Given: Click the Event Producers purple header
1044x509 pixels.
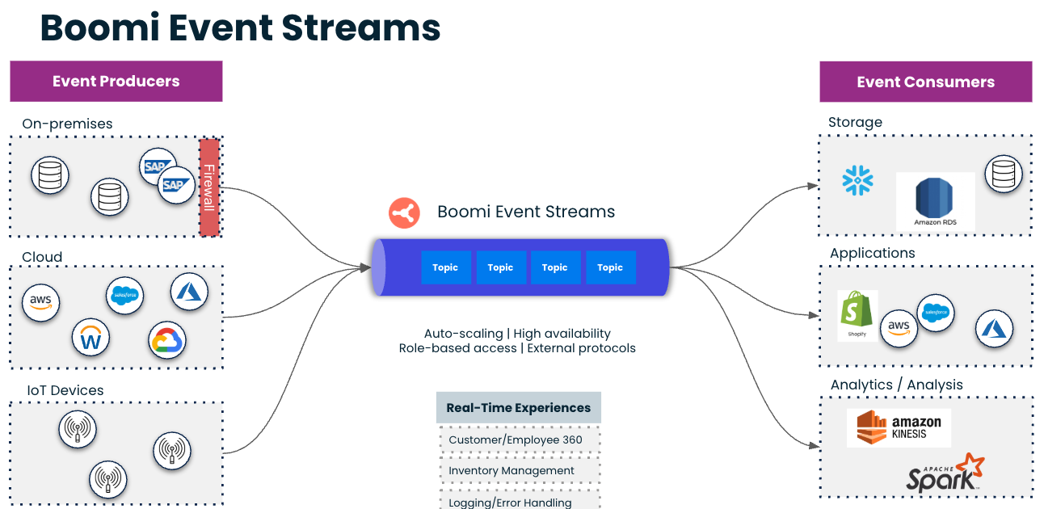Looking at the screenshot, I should [x=116, y=81].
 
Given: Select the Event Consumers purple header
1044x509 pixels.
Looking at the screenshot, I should [x=925, y=82].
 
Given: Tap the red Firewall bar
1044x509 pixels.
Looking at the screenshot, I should [x=209, y=187].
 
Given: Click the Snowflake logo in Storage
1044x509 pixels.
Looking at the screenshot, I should [x=857, y=180].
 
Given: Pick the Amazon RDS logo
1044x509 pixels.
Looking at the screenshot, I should [x=935, y=202].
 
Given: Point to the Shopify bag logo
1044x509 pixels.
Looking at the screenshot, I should [x=857, y=313].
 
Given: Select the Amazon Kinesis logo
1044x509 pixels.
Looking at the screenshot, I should [x=899, y=427].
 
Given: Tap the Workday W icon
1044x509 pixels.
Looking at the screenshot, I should [x=91, y=339].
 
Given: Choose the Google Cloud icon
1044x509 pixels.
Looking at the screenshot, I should [x=168, y=341].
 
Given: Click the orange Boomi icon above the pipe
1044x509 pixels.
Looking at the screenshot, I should [x=404, y=212].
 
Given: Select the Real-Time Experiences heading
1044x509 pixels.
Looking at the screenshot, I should [x=518, y=408].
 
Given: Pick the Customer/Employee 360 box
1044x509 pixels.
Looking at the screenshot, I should [x=518, y=440].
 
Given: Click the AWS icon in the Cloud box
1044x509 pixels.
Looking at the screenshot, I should [x=40, y=302].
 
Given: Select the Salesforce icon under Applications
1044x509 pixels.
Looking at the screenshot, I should [x=936, y=313].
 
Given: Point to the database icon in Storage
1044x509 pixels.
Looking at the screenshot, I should [x=1003, y=173].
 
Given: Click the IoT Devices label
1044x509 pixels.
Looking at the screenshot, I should [x=65, y=390].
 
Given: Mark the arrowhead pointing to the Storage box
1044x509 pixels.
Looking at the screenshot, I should [x=813, y=186].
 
